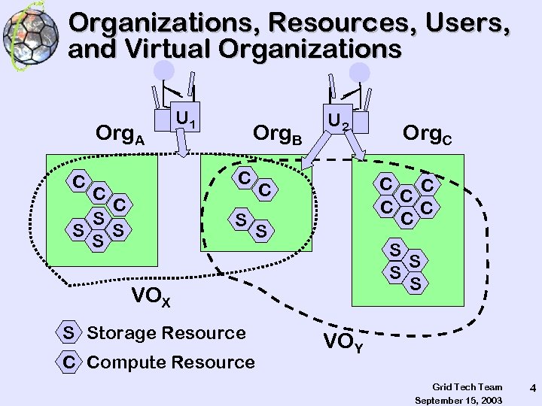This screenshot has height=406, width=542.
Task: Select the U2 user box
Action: (x=338, y=119)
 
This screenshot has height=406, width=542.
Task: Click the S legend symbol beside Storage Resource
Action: (x=69, y=332)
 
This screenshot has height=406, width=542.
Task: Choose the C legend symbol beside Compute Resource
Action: (x=69, y=362)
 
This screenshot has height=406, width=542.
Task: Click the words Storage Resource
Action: (x=166, y=332)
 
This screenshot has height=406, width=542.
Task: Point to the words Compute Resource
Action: (x=171, y=362)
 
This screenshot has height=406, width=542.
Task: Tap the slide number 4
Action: (x=532, y=389)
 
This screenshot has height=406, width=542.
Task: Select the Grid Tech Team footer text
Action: (x=467, y=386)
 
